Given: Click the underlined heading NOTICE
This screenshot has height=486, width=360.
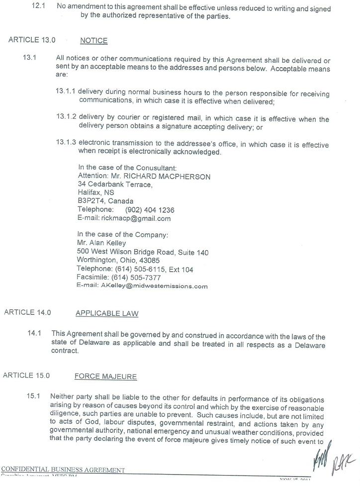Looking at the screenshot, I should point(93,41).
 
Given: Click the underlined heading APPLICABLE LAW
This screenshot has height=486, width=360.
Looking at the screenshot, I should point(106,313).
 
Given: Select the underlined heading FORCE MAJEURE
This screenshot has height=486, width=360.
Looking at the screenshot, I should point(105,377).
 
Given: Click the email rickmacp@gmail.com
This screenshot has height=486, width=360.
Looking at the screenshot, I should point(136,218).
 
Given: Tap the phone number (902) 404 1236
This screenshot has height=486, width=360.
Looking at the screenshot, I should point(149,210).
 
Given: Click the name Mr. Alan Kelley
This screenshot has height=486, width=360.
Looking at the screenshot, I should point(101,243).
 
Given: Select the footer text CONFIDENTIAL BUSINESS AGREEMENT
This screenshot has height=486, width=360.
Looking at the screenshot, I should point(63,470).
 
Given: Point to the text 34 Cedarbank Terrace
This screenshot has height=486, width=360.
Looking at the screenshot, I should point(114,185).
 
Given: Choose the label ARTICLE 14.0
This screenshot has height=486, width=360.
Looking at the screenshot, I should point(27,313).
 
